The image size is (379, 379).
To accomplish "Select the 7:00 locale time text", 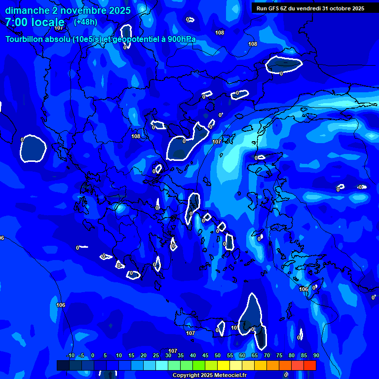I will (35, 22).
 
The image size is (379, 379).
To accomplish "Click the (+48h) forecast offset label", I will (85, 22).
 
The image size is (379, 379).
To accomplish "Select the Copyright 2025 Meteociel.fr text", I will (209, 376).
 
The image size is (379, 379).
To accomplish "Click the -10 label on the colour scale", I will (70, 356).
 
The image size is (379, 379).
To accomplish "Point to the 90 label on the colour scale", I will (316, 356).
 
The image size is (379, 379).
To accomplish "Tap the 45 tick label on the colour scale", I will (205, 356).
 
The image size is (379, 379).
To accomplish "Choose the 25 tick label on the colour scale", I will (156, 356).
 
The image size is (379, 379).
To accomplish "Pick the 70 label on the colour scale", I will (266, 356).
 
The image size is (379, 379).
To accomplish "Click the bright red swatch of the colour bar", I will (309, 365).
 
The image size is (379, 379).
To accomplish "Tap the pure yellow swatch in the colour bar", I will (223, 365).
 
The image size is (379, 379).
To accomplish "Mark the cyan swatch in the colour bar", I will (161, 365).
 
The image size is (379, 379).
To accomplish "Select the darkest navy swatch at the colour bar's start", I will (63, 365).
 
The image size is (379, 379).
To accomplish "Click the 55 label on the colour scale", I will (230, 356).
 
